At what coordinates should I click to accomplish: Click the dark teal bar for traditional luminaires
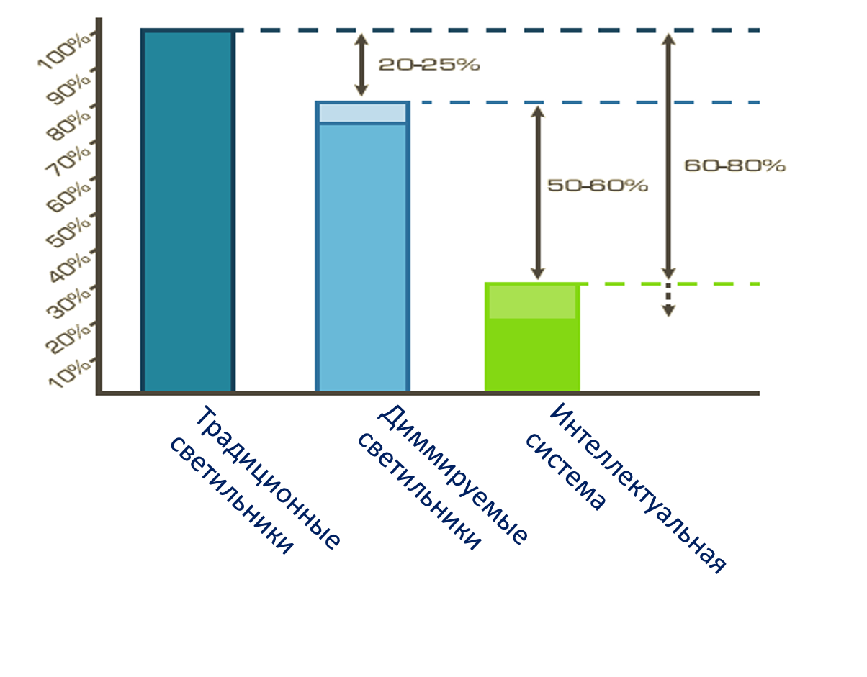(x=188, y=212)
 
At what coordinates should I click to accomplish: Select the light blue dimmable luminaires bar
(x=362, y=256)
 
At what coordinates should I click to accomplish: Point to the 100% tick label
(x=65, y=50)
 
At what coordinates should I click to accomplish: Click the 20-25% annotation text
(x=428, y=64)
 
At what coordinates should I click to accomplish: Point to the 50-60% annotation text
(x=598, y=186)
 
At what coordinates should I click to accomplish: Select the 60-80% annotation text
(x=735, y=165)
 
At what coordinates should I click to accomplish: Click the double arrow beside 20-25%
(x=361, y=65)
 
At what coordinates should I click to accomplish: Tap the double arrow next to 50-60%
(x=537, y=192)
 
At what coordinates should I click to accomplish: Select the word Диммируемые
(x=453, y=475)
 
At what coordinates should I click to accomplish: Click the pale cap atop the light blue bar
(x=362, y=113)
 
